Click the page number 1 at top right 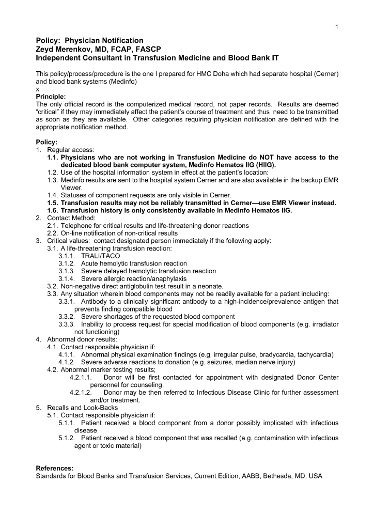336,27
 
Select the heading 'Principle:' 51,97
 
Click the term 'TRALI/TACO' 100,256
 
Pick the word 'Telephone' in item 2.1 75,226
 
